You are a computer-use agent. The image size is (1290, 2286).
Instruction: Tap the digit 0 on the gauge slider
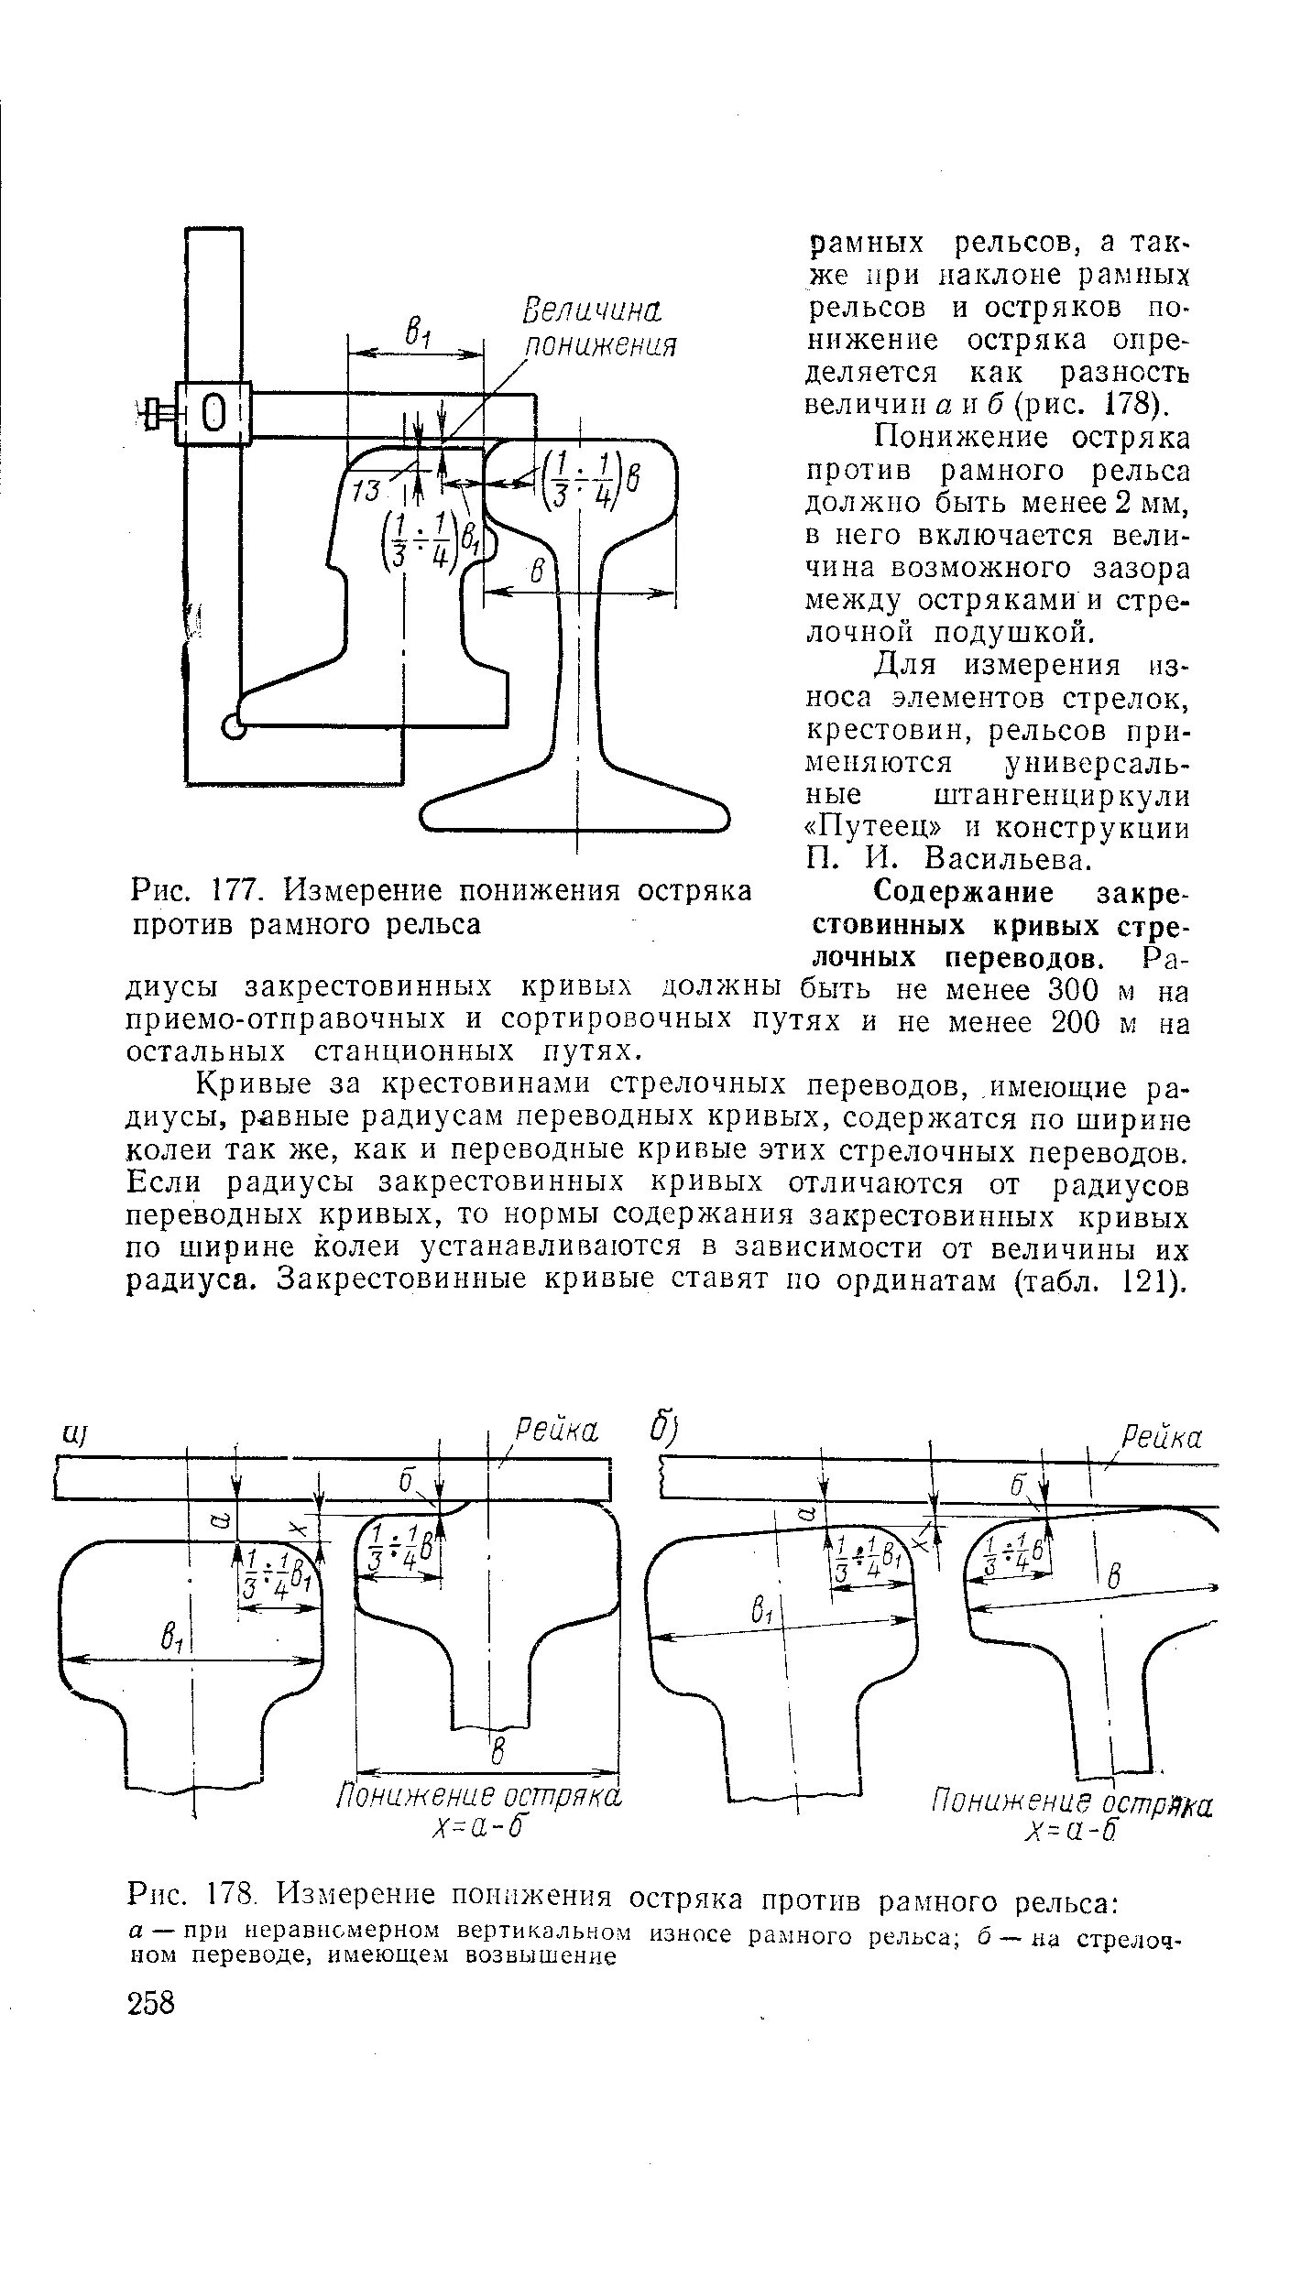[x=213, y=414]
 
